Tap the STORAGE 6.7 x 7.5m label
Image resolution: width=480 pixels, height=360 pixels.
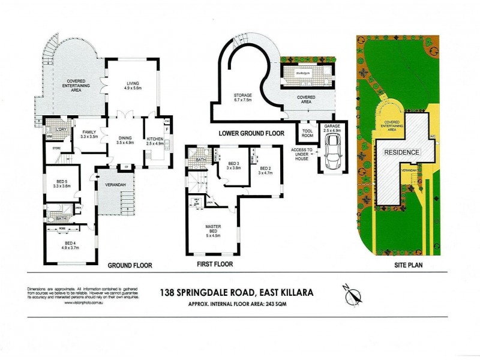pyautogui.click(x=247, y=98)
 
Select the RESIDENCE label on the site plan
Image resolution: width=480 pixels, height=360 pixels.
pyautogui.click(x=401, y=152)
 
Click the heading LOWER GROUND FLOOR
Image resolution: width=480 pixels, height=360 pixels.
pyautogui.click(x=251, y=133)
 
